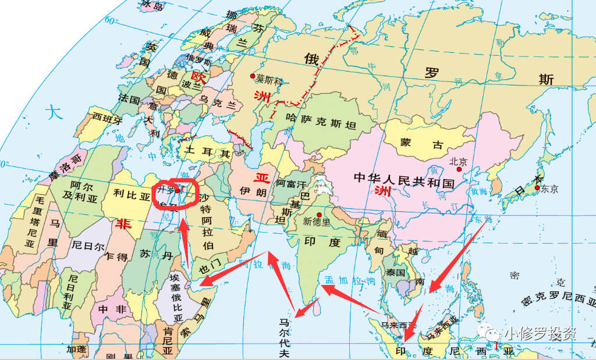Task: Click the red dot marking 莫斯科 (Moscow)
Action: pyautogui.click(x=252, y=76)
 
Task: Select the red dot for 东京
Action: pyautogui.click(x=537, y=187)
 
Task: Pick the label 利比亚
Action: pyautogui.click(x=132, y=196)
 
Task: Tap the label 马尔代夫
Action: pyautogui.click(x=284, y=338)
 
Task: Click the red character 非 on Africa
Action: pyautogui.click(x=123, y=224)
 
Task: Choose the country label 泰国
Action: pyautogui.click(x=395, y=272)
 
